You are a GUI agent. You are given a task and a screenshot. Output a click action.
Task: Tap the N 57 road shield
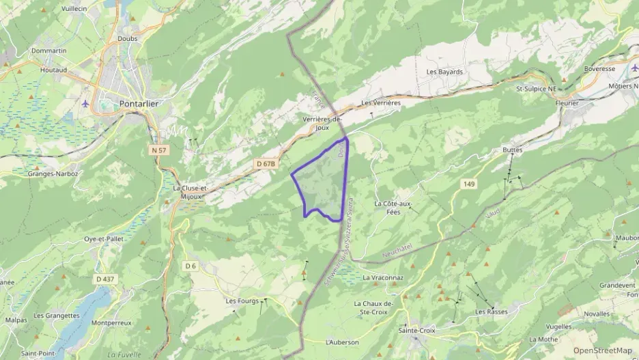coord(159,150)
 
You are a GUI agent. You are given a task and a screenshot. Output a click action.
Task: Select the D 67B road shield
coord(266,164)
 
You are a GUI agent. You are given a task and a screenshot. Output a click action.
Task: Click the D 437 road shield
coord(105,279)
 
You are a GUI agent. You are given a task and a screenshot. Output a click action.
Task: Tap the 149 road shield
coord(468,184)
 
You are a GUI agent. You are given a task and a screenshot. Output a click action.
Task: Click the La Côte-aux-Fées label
coord(393,208)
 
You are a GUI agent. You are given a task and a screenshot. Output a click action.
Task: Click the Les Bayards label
coord(444,72)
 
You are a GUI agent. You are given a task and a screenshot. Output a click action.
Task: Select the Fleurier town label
coord(567,103)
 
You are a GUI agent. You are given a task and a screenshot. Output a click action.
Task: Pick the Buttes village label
coord(512,149)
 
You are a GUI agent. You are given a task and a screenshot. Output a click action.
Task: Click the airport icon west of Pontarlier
coord(85,104)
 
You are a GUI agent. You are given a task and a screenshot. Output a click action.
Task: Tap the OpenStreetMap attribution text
coord(602,351)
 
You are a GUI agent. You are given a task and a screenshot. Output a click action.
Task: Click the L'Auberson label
coord(342,342)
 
